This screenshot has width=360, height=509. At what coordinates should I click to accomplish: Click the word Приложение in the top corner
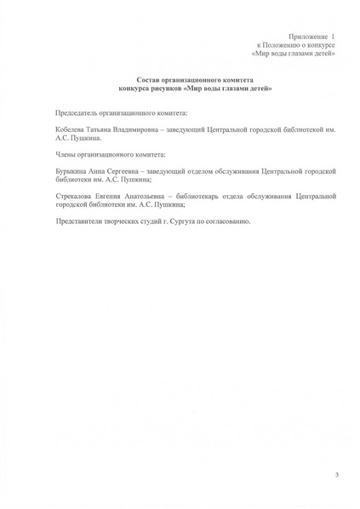tap(307, 37)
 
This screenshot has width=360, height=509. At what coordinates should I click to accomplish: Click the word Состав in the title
tap(151, 79)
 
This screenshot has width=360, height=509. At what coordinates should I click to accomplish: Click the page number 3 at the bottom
tap(336, 473)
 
